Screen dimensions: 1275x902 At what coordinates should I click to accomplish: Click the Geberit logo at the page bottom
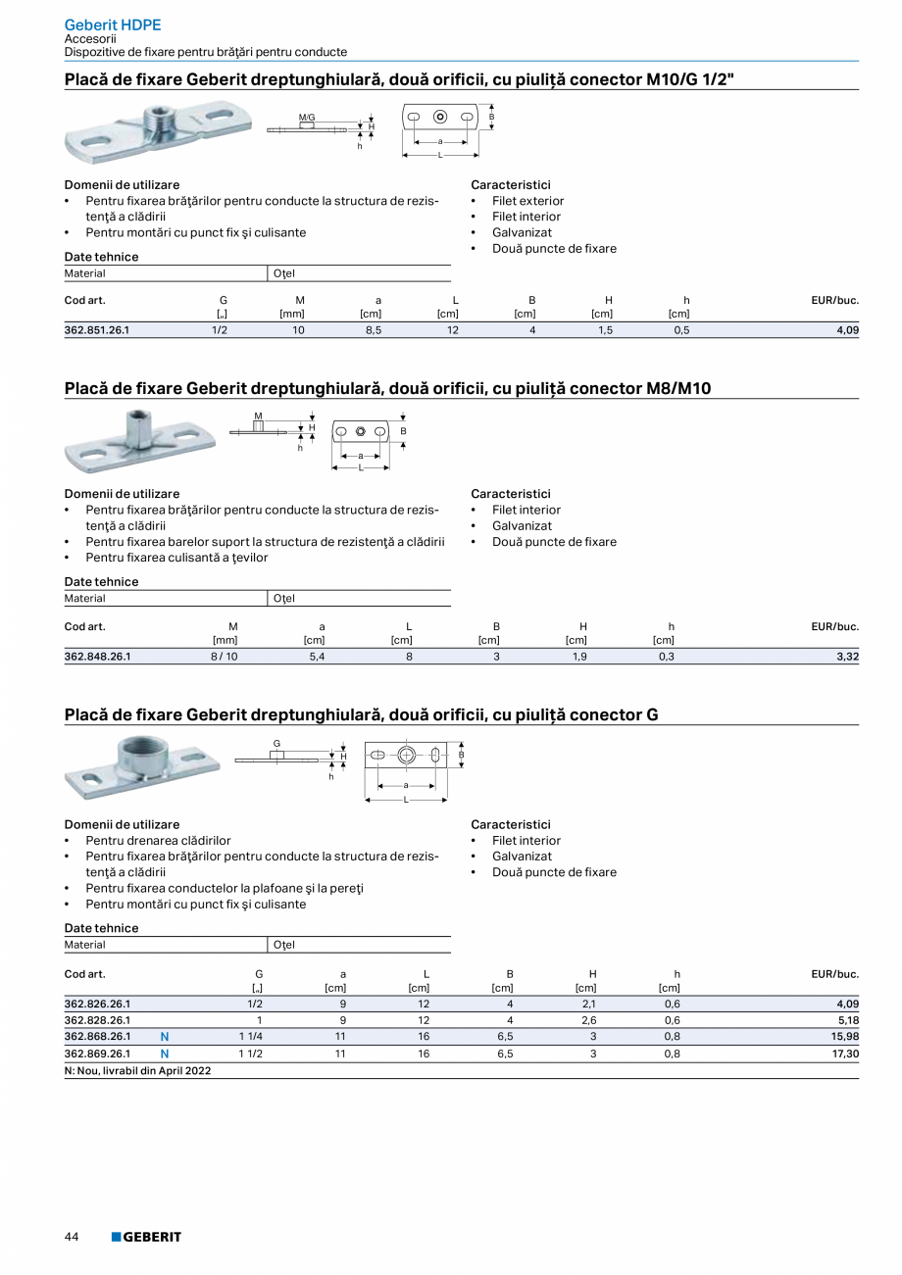[146, 1237]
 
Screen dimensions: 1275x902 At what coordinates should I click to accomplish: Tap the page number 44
[72, 1237]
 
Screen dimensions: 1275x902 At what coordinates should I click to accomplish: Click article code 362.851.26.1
[97, 330]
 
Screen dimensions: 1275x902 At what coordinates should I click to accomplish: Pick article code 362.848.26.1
[97, 657]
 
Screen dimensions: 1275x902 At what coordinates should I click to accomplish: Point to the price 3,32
[847, 657]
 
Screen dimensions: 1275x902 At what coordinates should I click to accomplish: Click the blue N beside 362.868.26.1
[165, 1037]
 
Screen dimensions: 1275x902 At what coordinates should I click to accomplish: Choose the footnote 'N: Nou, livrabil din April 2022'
[137, 1070]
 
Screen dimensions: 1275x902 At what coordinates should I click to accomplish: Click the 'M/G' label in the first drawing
[307, 118]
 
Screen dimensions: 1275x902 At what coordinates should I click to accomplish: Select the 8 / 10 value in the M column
[224, 657]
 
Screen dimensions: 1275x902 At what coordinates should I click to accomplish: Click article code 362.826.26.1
[97, 1004]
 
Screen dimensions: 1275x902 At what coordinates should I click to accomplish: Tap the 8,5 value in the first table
[374, 330]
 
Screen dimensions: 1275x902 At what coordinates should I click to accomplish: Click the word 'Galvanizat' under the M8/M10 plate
[522, 526]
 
